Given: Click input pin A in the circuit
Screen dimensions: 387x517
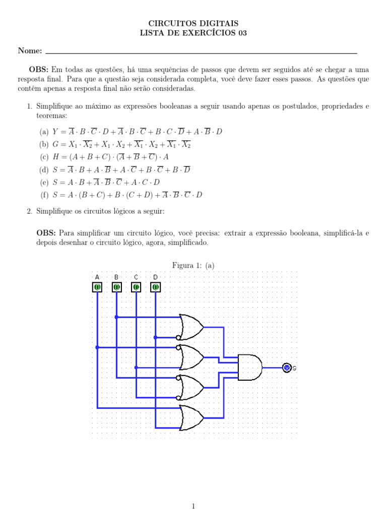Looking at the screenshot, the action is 97,287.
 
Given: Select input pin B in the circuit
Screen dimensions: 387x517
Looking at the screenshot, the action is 116,287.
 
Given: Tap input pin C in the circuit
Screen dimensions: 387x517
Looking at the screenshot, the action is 136,287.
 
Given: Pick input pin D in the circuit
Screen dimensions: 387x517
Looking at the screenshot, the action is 155,287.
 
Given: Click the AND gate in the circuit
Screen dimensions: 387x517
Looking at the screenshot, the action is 250,368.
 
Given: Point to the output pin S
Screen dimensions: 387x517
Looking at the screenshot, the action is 287,368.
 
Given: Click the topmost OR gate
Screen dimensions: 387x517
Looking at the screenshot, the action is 191,327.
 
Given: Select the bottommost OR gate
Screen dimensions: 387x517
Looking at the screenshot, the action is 191,418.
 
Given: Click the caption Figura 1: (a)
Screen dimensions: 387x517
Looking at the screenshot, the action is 193,266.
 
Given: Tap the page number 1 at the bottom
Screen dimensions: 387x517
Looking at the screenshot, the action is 193,506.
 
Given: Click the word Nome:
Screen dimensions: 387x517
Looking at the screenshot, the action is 30,50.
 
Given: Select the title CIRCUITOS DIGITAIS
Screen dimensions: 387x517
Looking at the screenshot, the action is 193,23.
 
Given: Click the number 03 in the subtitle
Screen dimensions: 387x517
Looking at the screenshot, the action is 242,33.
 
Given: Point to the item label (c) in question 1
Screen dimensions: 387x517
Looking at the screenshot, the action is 44,157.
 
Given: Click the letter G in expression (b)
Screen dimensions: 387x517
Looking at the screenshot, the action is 55,144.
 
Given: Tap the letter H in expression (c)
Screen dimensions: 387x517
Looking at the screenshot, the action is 55,157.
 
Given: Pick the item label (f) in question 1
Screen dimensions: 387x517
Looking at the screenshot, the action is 44,195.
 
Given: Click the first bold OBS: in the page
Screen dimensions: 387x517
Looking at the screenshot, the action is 38,70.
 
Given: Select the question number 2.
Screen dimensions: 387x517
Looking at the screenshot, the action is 30,211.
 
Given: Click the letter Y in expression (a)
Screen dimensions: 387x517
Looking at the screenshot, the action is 55,132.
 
